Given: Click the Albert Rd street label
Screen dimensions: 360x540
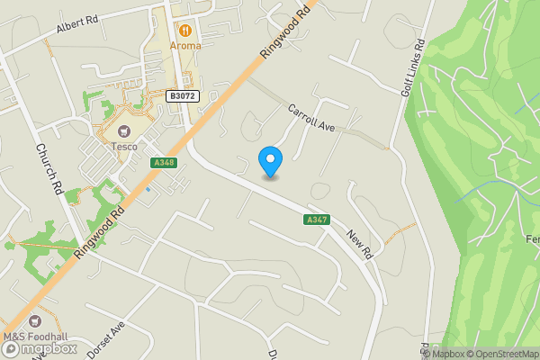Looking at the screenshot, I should (77, 26).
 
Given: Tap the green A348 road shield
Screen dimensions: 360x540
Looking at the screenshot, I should (164, 163).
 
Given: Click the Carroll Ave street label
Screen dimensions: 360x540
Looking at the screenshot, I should (311, 119).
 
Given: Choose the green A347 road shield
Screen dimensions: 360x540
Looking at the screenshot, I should (316, 220).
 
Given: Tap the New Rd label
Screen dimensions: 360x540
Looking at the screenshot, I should (359, 242).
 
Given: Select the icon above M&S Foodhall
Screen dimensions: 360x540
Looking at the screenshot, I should (35, 321).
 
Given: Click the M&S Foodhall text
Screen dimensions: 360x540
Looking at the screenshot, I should (35, 337).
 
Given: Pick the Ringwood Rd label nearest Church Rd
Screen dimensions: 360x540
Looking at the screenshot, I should (98, 229).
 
